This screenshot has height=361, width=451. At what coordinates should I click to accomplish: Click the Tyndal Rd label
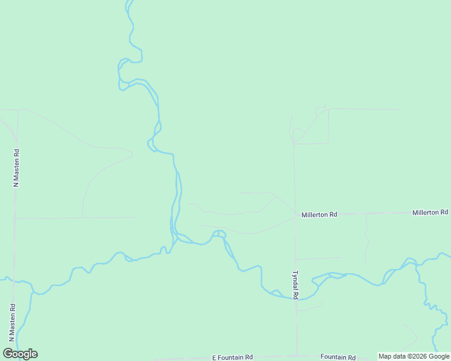tap(295, 285)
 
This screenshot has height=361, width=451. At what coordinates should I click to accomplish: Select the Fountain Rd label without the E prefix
tap(338, 357)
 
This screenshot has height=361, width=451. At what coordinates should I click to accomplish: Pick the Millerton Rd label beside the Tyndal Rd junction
tap(319, 214)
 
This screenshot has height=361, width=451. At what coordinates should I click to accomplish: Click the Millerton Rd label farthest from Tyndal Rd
tap(430, 212)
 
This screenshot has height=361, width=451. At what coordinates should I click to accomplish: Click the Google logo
tap(20, 354)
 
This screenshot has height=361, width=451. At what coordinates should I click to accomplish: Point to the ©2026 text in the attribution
tap(419, 356)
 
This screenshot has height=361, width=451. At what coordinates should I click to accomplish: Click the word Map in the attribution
tap(385, 356)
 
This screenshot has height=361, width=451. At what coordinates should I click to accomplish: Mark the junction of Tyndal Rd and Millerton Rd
tap(295, 215)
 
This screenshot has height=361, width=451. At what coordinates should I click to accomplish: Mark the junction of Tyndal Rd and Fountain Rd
tap(296, 355)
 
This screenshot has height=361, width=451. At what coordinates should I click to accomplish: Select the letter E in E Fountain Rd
tap(214, 357)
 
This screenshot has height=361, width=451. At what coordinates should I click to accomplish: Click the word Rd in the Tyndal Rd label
tap(295, 275)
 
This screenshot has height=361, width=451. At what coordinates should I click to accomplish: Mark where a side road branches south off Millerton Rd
tap(365, 214)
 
